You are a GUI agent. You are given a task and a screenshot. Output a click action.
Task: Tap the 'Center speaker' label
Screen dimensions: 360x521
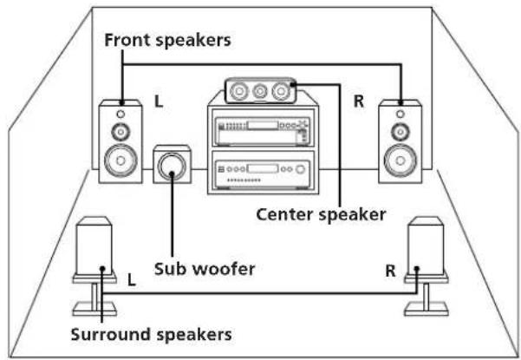(319, 213)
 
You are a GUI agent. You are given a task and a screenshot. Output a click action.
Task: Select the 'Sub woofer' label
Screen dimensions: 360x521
(204, 268)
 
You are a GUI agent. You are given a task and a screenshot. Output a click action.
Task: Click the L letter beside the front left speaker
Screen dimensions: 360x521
(159, 101)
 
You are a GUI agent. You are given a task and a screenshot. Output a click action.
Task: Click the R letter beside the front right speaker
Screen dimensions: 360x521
(359, 101)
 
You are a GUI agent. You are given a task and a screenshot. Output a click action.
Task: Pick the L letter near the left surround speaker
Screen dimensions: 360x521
(132, 281)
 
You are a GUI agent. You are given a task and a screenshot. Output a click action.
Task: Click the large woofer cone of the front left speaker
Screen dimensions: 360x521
(120, 161)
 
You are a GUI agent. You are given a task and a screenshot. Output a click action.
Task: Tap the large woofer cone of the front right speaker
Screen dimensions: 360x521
(399, 161)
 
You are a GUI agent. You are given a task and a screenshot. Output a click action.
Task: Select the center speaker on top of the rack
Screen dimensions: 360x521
(259, 88)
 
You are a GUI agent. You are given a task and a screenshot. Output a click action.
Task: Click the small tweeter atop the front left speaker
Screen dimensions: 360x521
(120, 114)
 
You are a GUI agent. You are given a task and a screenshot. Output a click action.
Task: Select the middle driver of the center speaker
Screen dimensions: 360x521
(259, 88)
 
